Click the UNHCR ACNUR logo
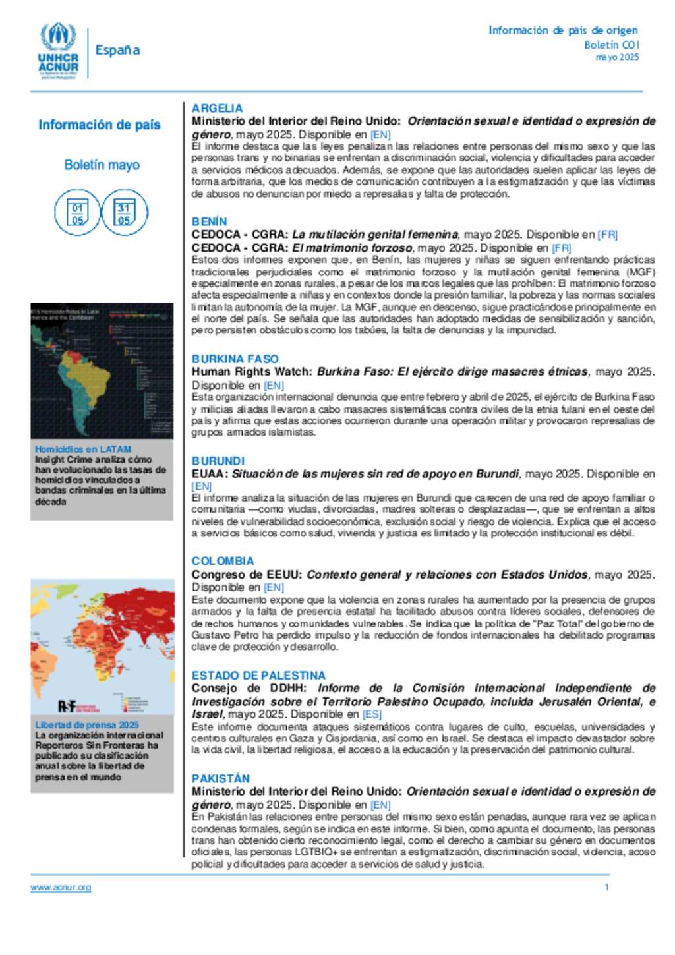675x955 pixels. click(x=58, y=51)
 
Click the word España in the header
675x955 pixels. click(x=117, y=50)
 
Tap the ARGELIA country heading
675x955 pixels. click(x=217, y=108)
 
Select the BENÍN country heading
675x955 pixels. click(x=209, y=221)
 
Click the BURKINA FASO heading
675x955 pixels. click(x=235, y=359)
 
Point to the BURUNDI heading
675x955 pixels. click(x=218, y=461)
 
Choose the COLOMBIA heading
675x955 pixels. click(x=222, y=561)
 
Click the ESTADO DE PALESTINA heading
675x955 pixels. click(x=258, y=675)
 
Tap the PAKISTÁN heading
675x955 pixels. click(x=220, y=778)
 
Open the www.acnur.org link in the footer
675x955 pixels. click(x=61, y=888)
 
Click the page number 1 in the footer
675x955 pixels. click(x=606, y=887)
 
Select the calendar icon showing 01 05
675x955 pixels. click(x=77, y=212)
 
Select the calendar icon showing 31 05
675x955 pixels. click(x=124, y=212)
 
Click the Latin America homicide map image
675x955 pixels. click(x=102, y=370)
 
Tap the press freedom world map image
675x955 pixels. click(x=102, y=647)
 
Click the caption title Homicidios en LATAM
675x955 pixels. click(x=83, y=449)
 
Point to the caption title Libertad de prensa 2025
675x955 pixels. click(x=86, y=724)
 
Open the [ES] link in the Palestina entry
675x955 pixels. click(x=372, y=714)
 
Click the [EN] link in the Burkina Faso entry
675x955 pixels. click(x=274, y=386)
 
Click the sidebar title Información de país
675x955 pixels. click(x=99, y=125)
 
